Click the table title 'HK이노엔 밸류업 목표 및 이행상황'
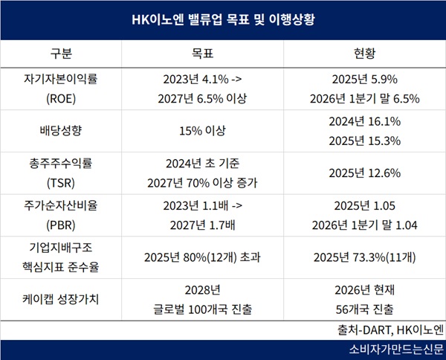coord(223,19)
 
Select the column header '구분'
coord(61,54)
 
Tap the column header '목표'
coord(202,54)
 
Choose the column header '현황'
coord(365,54)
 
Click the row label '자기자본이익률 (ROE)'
coord(61,89)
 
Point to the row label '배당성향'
coord(61,131)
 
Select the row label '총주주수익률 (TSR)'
coord(61,173)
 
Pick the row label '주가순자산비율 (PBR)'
coord(61,215)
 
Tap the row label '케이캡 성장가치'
coord(61,300)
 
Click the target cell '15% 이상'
coord(202,131)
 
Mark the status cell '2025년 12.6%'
coord(365,173)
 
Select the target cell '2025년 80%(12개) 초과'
coord(202,257)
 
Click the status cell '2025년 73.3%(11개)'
coord(365,257)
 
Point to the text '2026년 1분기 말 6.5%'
coord(365,99)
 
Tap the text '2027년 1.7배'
coord(202,225)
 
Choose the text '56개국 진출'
coord(365,309)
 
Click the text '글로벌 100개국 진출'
coord(202,309)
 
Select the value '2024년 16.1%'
coord(365,121)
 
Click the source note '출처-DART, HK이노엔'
coord(390,330)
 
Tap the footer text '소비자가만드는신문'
coord(396,350)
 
